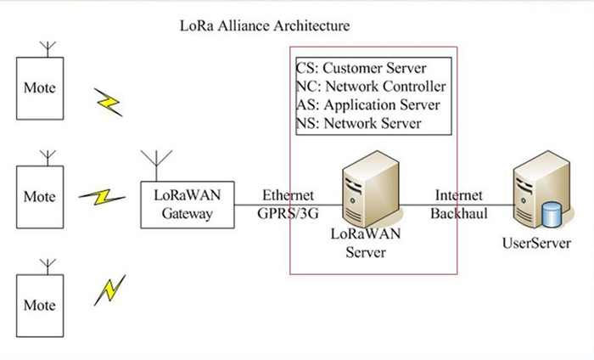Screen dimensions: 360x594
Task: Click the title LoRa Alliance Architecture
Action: coord(265,26)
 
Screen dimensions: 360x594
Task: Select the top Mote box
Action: coord(40,88)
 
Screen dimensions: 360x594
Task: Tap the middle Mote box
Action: coord(40,197)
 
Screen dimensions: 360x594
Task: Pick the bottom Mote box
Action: coord(40,305)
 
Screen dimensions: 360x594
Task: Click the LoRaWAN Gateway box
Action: coord(188,204)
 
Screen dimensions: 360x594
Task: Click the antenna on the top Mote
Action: coord(48,47)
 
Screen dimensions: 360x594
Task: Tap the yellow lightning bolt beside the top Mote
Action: coord(109,103)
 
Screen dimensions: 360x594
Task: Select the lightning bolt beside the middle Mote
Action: coord(103,197)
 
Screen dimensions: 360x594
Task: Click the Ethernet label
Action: coord(288,195)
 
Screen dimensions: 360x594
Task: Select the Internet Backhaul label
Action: coord(459,204)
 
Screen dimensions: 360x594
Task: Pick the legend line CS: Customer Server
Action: coord(361,67)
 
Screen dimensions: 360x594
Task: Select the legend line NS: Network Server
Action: coord(358,124)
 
